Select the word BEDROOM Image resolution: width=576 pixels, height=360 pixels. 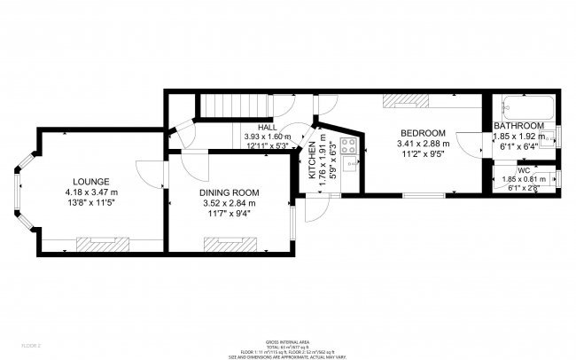(423, 133)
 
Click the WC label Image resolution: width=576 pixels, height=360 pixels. (524, 169)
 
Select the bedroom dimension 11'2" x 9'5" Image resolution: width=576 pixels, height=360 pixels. (423, 153)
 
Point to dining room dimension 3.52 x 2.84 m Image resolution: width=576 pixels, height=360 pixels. (228, 203)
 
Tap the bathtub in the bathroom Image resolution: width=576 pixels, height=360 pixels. (526, 109)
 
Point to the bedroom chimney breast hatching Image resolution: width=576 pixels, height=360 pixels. (404, 100)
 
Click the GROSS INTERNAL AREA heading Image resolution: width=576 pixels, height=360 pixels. (288, 341)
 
